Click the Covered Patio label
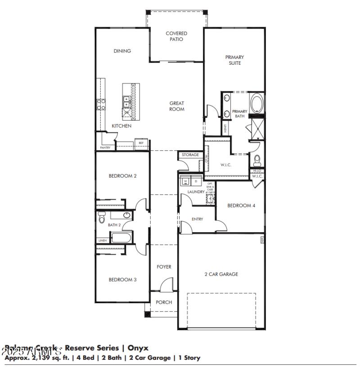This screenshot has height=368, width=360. click(176, 36)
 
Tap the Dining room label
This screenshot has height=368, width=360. click(122, 51)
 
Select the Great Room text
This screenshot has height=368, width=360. click(176, 106)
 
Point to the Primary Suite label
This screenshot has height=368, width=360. click(234, 60)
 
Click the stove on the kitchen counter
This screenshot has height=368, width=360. click(101, 104)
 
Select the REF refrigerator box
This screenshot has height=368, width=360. click(141, 143)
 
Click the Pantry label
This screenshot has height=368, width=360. click(104, 148)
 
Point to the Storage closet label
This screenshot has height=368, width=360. click(190, 155)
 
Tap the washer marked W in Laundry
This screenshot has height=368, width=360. click(185, 181)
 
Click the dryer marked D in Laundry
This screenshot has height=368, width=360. click(196, 181)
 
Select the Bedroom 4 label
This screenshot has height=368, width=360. click(241, 206)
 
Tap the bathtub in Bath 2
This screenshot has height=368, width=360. click(120, 238)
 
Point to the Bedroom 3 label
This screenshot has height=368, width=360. click(122, 279)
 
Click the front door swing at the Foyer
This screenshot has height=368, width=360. click(167, 285)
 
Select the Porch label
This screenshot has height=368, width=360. click(164, 302)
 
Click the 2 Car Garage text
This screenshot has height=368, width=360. click(221, 274)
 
